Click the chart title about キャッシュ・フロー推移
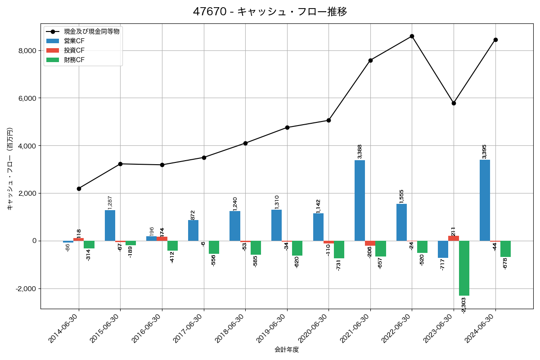[x=270, y=12]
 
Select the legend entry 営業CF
[x=74, y=41]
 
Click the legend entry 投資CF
[x=74, y=50]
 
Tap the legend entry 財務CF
[x=74, y=60]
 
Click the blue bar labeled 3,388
[x=360, y=200]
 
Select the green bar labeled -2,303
[x=464, y=268]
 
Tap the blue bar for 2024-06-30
[x=485, y=200]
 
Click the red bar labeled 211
[x=454, y=238]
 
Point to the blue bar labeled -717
[x=443, y=249]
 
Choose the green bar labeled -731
[x=339, y=249]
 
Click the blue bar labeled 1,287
[x=110, y=225]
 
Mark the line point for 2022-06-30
[x=412, y=36]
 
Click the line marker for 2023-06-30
[x=454, y=103]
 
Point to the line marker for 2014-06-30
[x=79, y=189]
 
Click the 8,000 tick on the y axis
[x=27, y=51]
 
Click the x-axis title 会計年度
[x=287, y=350]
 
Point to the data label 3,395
[x=484, y=152]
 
